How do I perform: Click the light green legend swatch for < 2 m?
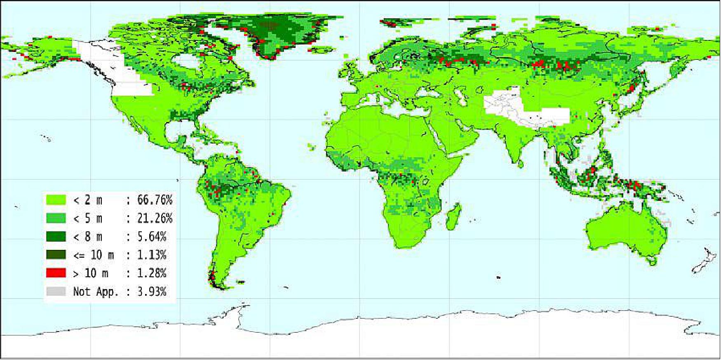click(x=56, y=200)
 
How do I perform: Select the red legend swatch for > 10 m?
click(x=56, y=273)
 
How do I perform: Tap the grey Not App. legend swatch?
click(x=56, y=292)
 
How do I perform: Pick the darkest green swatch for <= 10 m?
click(x=56, y=255)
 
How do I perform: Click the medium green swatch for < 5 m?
click(x=56, y=218)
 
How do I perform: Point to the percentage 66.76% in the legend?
click(x=155, y=200)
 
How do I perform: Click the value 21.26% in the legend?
click(x=155, y=218)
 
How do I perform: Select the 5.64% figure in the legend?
click(x=152, y=237)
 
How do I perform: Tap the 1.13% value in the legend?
click(x=152, y=255)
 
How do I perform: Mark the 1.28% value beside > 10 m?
click(x=152, y=273)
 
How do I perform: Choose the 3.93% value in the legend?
click(x=152, y=292)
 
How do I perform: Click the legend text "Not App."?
click(x=96, y=292)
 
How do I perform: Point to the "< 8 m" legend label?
click(x=87, y=237)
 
